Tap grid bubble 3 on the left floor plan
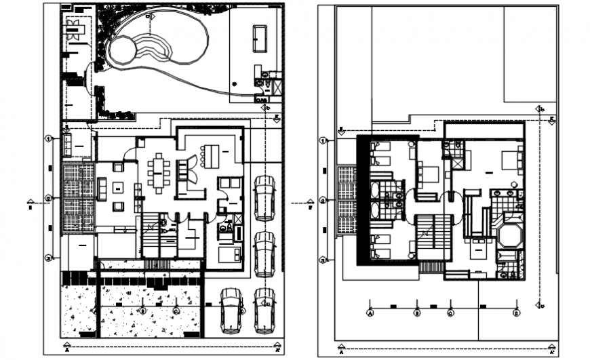tap(49, 258)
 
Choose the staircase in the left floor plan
tap(152, 234)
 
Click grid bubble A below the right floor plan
tap(370, 313)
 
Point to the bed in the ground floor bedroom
tap(229, 254)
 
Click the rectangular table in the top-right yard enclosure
tap(260, 39)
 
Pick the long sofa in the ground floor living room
tap(102, 189)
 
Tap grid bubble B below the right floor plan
tap(417, 313)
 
